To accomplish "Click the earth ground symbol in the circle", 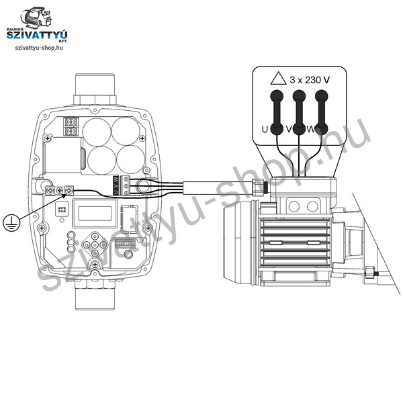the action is pos(11,222).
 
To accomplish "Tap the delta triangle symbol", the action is pos(278,79).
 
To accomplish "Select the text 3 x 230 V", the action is pos(310,80).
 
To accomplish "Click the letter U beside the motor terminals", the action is pos(265,129).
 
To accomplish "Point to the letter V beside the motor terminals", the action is pos(289,129).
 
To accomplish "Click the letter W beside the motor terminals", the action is pos(311,129).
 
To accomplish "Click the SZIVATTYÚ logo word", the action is pos(37,35).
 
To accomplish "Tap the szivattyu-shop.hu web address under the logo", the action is pos(39,48).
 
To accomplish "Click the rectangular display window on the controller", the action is pos(95,214).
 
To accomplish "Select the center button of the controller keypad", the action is pos(95,244).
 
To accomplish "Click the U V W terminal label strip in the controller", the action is pos(116,185).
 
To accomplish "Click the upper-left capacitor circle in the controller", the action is pos(97,132).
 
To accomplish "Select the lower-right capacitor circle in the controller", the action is pos(131,160).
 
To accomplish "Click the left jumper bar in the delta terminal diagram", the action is pos(277,112).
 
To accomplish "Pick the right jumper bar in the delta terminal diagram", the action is pos(322,112).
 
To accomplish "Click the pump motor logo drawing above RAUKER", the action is pos(36,18).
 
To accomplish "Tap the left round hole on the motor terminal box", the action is pos(294,206).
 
